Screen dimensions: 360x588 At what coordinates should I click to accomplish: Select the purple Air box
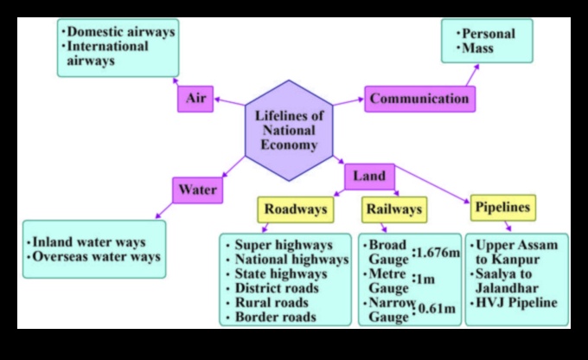pyautogui.click(x=195, y=98)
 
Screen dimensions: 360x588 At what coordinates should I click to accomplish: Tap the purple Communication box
pyautogui.click(x=419, y=99)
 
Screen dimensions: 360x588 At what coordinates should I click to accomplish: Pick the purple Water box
pyautogui.click(x=197, y=190)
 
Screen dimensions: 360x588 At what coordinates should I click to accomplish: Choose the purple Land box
pyautogui.click(x=370, y=176)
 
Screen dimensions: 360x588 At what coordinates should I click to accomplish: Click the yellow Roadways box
pyautogui.click(x=295, y=209)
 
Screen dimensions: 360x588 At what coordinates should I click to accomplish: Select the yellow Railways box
pyautogui.click(x=393, y=209)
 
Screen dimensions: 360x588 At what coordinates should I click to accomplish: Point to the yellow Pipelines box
pyautogui.click(x=502, y=208)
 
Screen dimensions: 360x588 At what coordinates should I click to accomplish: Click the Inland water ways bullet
pyautogui.click(x=87, y=242)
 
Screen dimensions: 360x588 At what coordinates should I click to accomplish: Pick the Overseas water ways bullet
pyautogui.click(x=95, y=257)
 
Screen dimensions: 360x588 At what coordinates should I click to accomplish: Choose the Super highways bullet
pyautogui.click(x=283, y=245)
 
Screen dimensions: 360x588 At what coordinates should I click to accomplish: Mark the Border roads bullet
pyautogui.click(x=275, y=317)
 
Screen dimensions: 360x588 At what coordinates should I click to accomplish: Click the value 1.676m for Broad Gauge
pyautogui.click(x=436, y=253)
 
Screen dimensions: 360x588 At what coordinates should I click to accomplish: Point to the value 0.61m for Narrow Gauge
pyautogui.click(x=438, y=309)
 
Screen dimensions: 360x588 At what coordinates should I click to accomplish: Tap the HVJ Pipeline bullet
pyautogui.click(x=515, y=303)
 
